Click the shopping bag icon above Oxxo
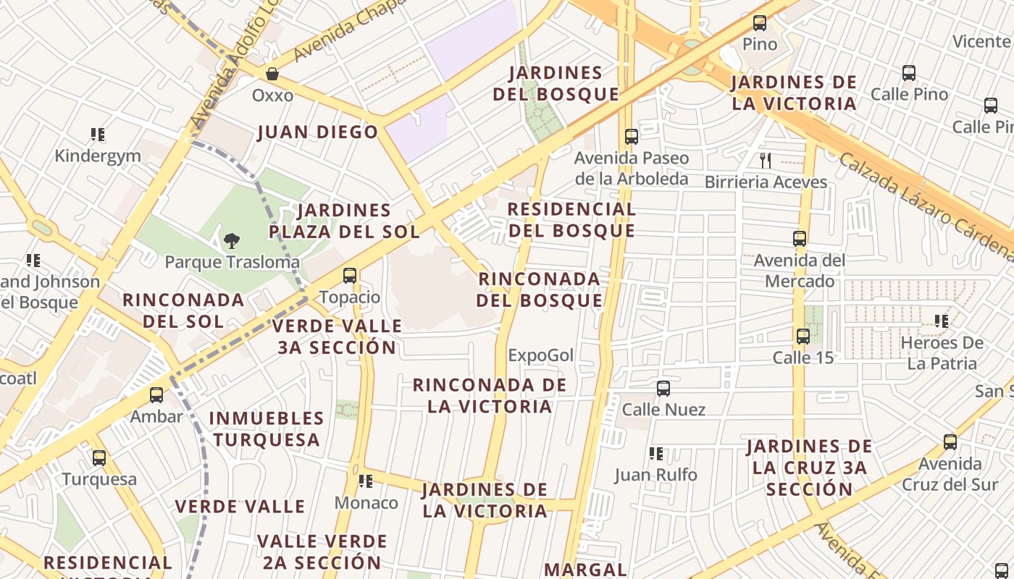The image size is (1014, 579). [272, 74]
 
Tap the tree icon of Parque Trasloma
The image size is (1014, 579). [232, 240]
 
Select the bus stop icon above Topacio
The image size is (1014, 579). [350, 276]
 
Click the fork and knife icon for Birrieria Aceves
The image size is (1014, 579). [765, 160]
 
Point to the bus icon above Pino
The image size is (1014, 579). [759, 23]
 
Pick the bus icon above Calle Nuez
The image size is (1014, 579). [663, 389]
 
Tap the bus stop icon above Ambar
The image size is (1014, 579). [156, 395]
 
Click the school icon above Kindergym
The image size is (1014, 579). [98, 135]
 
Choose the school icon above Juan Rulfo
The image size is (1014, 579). [656, 454]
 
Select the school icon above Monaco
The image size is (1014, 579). [366, 481]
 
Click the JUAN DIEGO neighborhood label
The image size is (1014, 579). [318, 132]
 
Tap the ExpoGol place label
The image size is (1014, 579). [540, 355]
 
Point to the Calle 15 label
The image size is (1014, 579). [803, 358]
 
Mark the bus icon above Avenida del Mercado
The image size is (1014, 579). [800, 239]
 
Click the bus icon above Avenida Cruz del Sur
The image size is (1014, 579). [950, 442]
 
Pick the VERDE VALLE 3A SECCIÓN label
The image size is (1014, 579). [337, 337]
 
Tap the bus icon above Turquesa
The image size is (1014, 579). [99, 458]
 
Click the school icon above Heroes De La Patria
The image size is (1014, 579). [942, 321]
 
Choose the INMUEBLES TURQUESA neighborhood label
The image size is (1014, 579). [267, 429]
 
